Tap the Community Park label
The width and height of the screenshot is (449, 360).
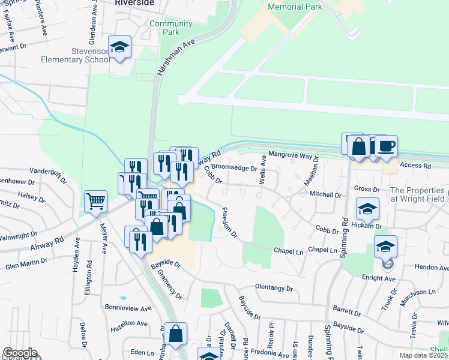click(171, 28)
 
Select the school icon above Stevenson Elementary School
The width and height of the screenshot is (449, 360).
click(120, 47)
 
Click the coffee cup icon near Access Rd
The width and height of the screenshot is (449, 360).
click(386, 146)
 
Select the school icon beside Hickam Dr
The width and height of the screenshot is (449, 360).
click(367, 208)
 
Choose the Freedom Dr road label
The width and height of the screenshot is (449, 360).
click(229, 222)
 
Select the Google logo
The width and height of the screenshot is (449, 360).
click(19, 353)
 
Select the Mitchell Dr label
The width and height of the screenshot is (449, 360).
click(325, 195)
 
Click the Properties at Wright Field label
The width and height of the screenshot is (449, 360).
click(419, 194)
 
